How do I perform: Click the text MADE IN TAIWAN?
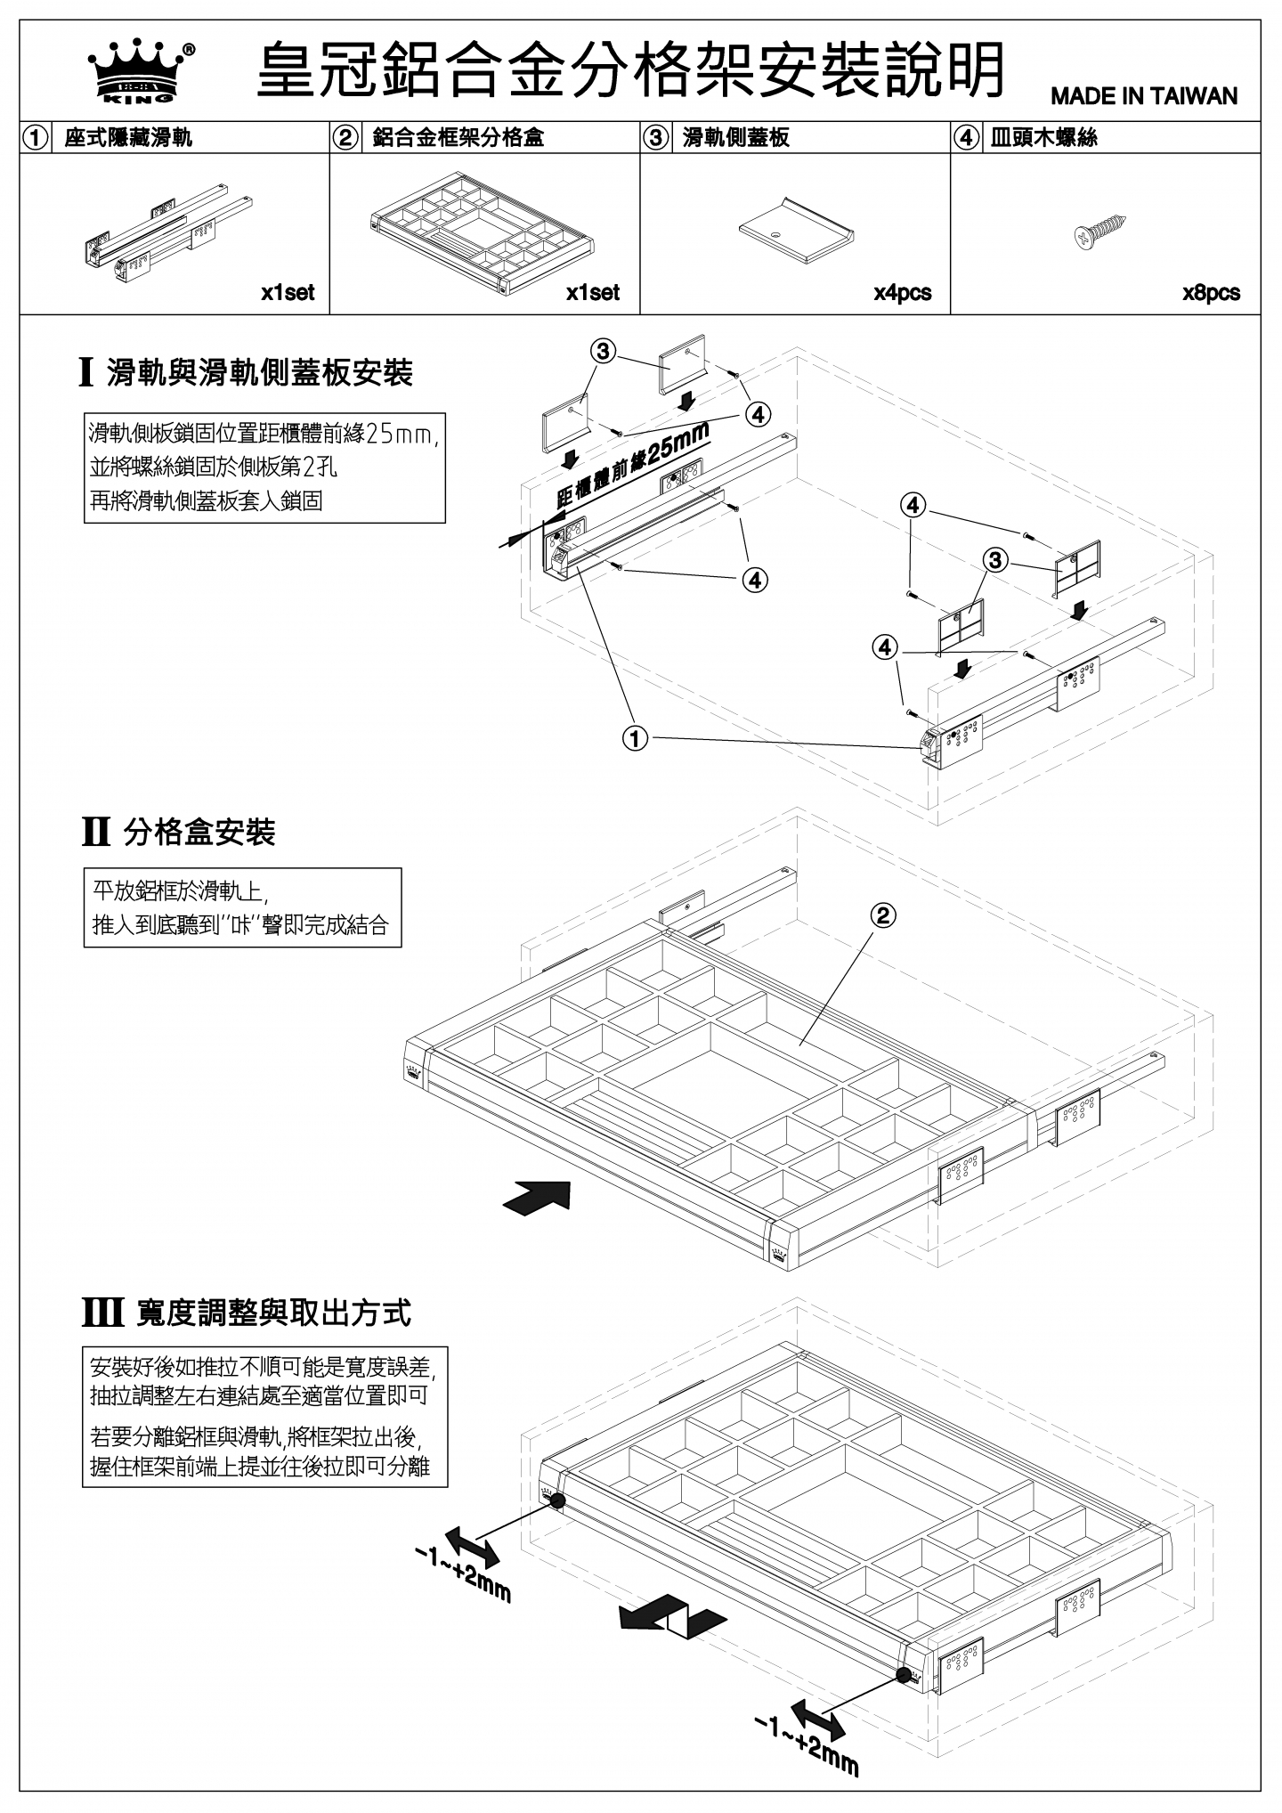pyautogui.click(x=1144, y=96)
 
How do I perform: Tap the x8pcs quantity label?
pyautogui.click(x=1211, y=293)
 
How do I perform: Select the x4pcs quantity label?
pyautogui.click(x=902, y=293)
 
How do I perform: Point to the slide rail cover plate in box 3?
pyautogui.click(x=797, y=229)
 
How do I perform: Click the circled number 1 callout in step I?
pyautogui.click(x=635, y=739)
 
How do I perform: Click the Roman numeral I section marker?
pyautogui.click(x=86, y=372)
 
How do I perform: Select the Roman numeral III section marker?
pyautogui.click(x=102, y=1313)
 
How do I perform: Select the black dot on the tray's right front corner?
pyautogui.click(x=904, y=1674)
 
